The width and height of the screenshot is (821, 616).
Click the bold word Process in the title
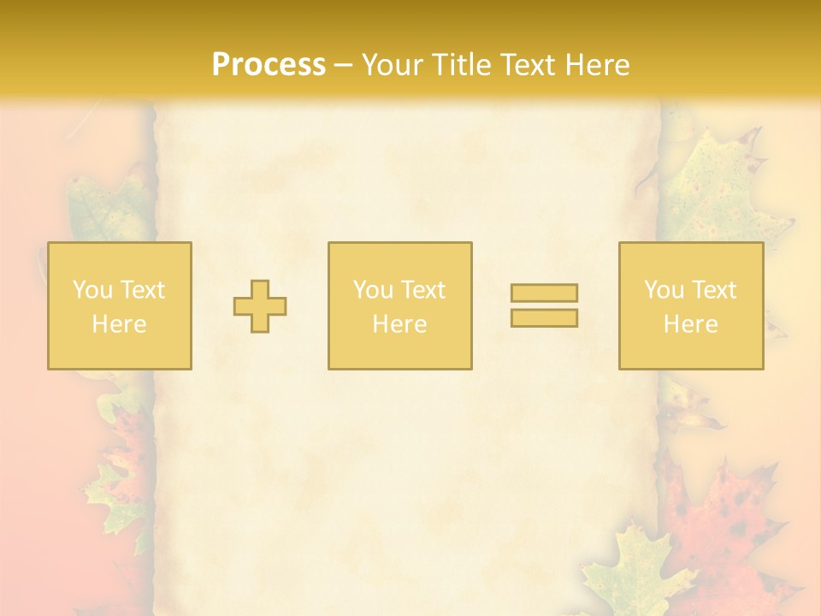click(x=269, y=65)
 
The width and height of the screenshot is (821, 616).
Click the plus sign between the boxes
click(x=260, y=306)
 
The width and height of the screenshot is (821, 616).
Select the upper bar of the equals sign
click(x=544, y=293)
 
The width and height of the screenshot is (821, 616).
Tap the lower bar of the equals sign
click(x=544, y=318)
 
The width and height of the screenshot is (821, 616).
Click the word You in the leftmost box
click(x=92, y=290)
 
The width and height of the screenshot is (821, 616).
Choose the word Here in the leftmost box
click(x=119, y=324)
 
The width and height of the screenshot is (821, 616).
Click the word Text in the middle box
click(x=422, y=290)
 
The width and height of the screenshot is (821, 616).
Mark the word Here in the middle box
click(x=399, y=324)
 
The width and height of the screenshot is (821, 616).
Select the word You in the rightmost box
click(x=664, y=290)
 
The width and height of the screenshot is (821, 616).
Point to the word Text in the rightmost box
click(x=713, y=290)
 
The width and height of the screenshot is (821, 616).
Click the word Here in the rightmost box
click(x=690, y=324)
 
